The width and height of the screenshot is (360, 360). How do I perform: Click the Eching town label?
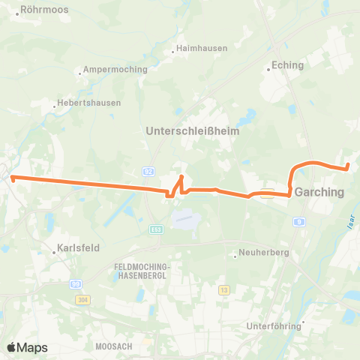point(288,65)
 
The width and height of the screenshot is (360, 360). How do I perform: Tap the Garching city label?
point(319,192)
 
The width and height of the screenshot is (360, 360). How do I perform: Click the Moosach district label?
point(114,346)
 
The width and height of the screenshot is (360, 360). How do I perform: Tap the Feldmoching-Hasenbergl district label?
point(142,271)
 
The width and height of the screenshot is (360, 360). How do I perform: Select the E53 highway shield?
point(155,229)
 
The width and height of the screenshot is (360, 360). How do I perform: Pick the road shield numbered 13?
point(223,289)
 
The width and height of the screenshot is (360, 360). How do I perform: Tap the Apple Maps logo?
point(27,347)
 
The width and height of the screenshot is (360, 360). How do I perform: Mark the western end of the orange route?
point(12,177)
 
